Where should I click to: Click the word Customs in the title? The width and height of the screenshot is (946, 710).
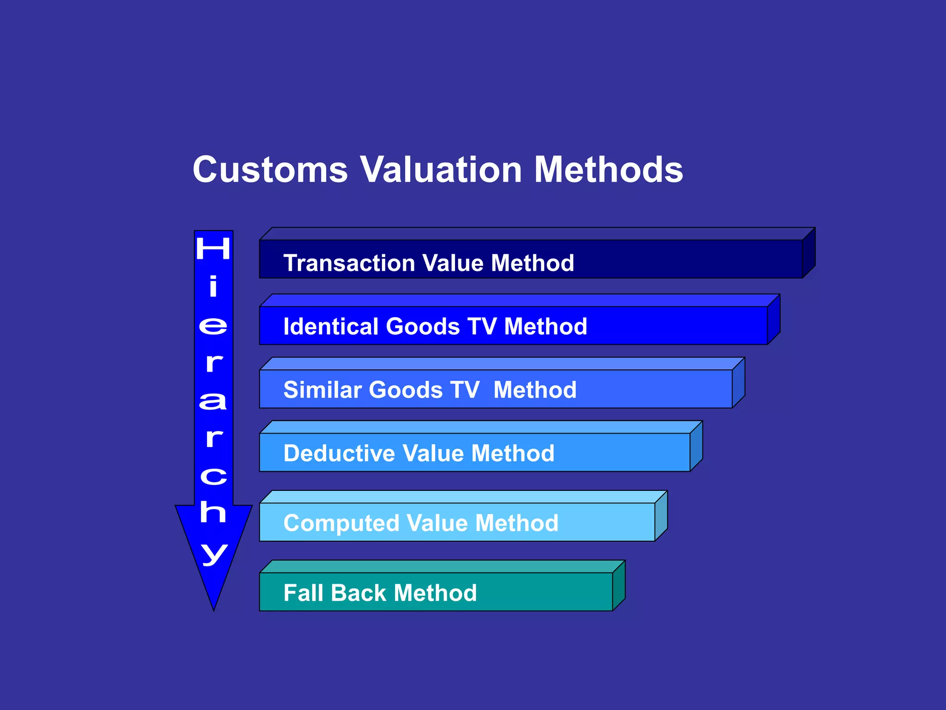tap(270, 170)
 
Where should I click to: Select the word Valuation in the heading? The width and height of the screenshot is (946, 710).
tap(441, 170)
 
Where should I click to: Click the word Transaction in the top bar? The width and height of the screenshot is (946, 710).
tap(349, 263)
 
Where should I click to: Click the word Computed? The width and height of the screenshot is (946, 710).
tap(341, 523)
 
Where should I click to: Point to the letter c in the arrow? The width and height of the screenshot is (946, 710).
tap(213, 476)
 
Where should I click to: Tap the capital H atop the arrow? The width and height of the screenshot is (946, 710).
tap(213, 248)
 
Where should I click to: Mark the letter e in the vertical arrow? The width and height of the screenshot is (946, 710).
tap(213, 326)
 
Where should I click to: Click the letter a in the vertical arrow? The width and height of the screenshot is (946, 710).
tap(213, 401)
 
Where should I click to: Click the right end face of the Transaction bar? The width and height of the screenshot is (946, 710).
tap(809, 253)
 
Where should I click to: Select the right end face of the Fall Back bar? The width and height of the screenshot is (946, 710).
tap(619, 586)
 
